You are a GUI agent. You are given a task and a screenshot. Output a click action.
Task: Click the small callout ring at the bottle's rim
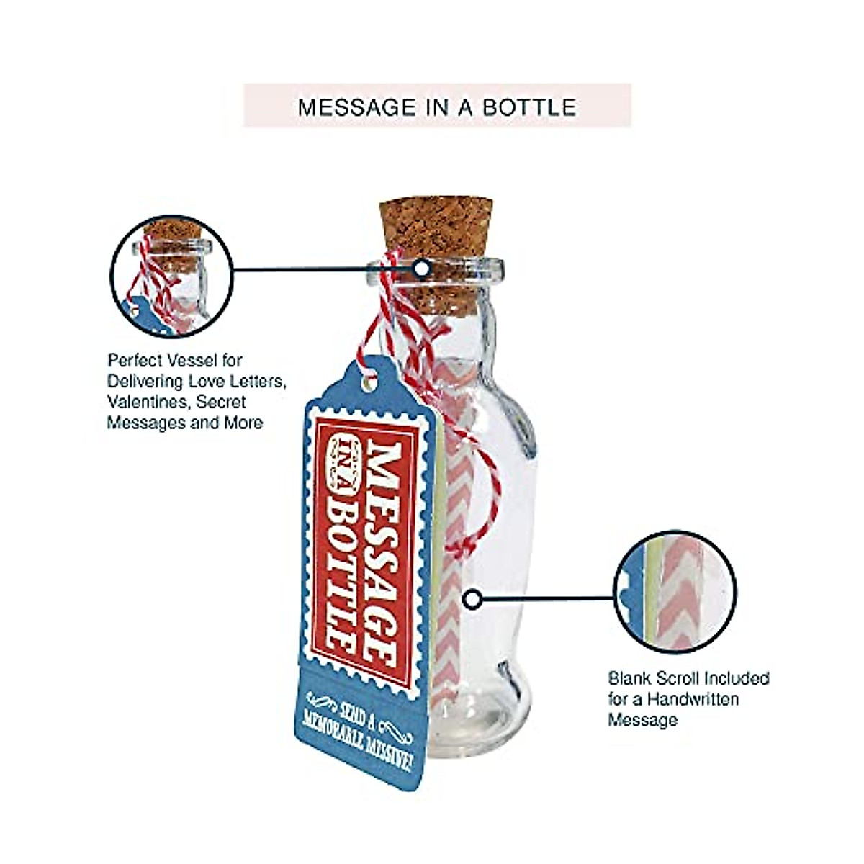tap(422, 269)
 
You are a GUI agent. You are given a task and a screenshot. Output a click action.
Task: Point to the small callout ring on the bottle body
tap(472, 598)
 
